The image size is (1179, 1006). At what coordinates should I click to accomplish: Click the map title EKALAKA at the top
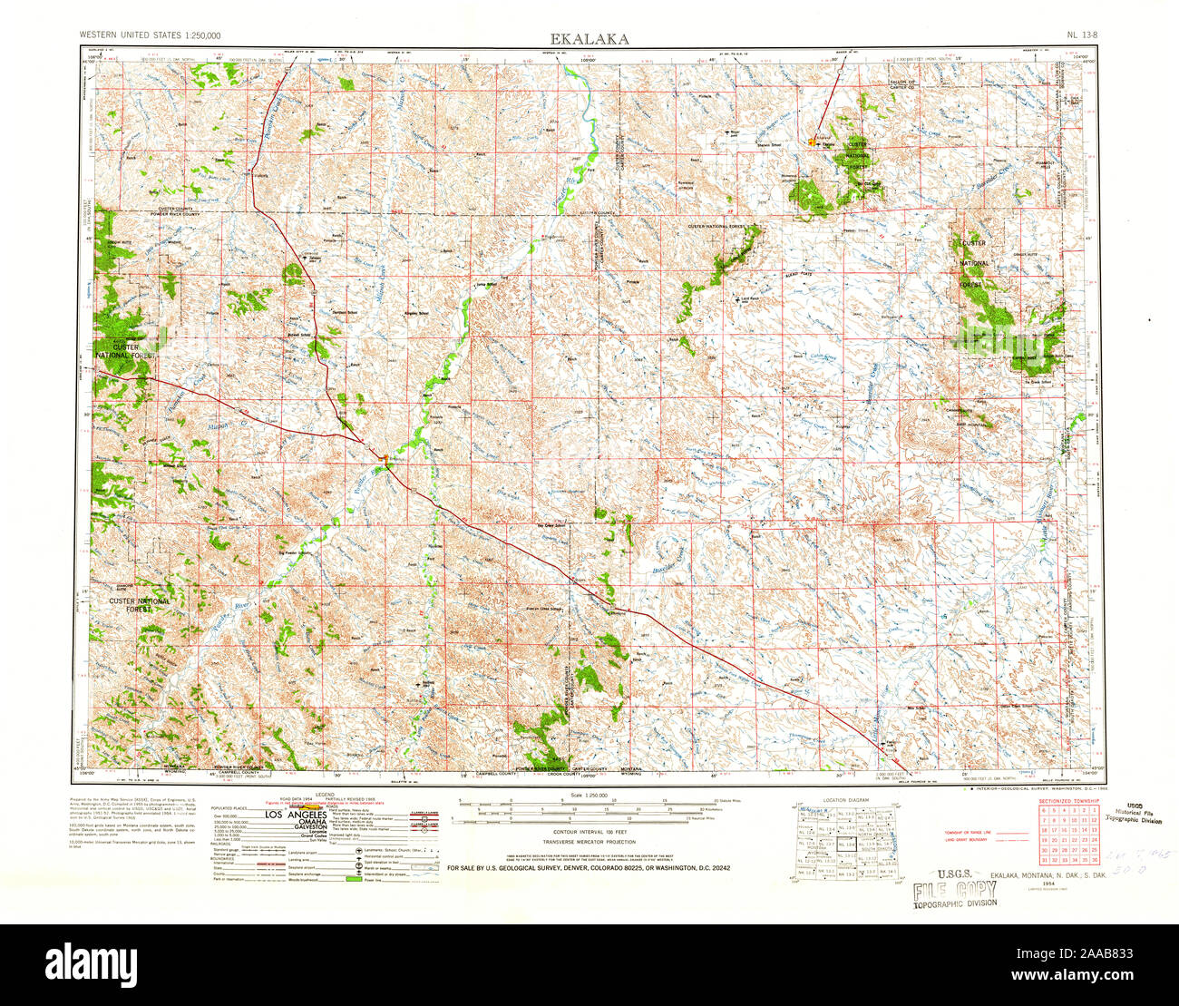(589, 38)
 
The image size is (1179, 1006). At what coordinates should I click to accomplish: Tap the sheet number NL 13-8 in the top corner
(1082, 36)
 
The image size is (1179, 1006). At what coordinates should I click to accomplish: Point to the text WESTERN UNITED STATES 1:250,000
(151, 36)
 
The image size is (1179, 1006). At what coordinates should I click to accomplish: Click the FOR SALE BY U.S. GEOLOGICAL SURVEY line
(589, 868)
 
